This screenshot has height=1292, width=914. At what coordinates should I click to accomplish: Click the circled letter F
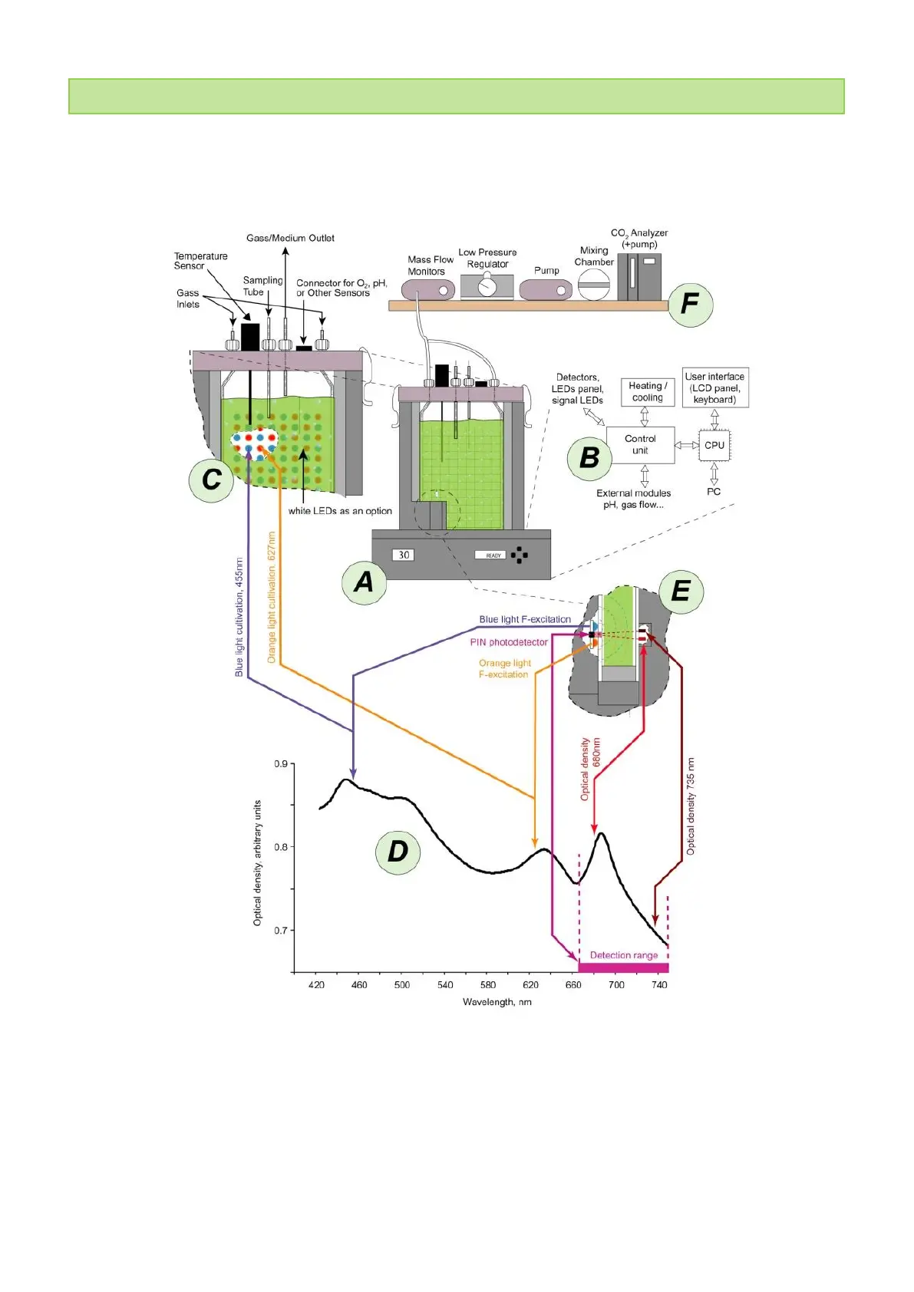(690, 305)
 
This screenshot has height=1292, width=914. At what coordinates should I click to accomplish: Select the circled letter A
(364, 582)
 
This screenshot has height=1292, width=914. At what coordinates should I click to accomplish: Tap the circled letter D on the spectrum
(398, 852)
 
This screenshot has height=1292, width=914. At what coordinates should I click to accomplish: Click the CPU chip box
(714, 445)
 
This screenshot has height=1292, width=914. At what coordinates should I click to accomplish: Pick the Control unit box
(640, 445)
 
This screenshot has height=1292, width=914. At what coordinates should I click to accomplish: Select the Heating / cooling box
(648, 391)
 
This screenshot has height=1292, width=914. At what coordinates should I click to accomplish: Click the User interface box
(714, 387)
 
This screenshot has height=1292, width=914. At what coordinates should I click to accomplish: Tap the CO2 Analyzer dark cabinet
(639, 277)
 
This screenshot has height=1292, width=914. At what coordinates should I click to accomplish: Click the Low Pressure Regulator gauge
(487, 287)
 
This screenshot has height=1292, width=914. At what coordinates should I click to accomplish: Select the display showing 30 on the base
(404, 555)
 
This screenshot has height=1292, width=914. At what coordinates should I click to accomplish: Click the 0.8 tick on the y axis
(281, 847)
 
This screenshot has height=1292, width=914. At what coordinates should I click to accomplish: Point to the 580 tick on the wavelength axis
(487, 984)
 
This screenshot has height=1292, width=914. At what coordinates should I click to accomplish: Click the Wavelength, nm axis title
(497, 1002)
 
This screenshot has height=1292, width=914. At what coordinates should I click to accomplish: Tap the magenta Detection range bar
(623, 967)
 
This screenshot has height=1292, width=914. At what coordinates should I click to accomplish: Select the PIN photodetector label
(509, 642)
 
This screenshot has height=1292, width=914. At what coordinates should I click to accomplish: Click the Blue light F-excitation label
(525, 619)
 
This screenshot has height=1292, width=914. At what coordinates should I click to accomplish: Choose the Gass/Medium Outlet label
(290, 238)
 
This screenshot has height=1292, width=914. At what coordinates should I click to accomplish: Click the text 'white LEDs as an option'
(340, 511)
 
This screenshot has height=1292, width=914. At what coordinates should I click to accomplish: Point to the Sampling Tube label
(262, 286)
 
